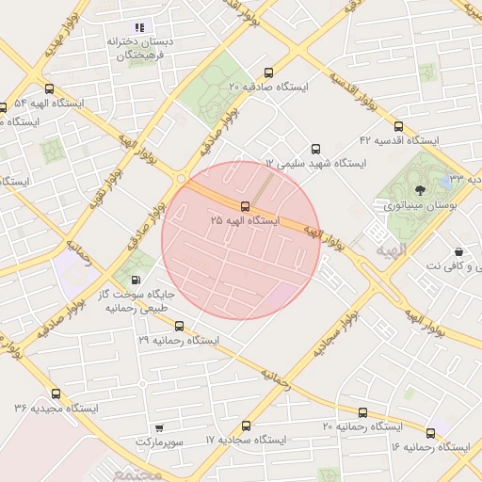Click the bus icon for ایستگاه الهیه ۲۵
(245, 205)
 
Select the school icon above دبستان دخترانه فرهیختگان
(141, 27)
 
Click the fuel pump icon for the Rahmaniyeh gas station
(137, 280)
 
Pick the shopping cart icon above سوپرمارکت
(158, 427)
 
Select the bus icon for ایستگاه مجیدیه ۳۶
(56, 394)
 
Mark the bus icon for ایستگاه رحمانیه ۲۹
(179, 326)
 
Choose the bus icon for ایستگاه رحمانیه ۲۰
(362, 412)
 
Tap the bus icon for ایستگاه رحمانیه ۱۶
(430, 433)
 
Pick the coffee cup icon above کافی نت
(458, 251)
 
